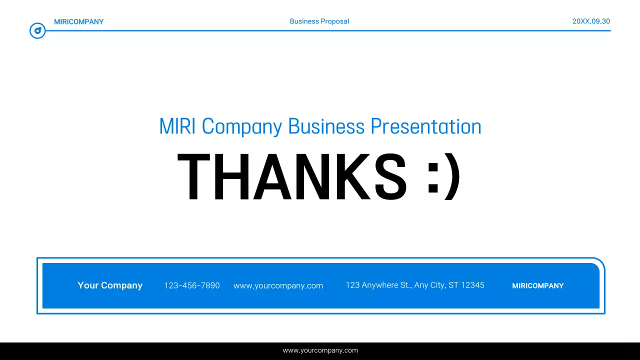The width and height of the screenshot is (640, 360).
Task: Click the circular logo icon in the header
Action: pyautogui.click(x=37, y=31)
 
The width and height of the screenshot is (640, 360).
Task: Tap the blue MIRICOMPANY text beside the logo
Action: pyautogui.click(x=78, y=22)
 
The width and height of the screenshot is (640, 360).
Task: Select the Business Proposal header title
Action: pyautogui.click(x=319, y=21)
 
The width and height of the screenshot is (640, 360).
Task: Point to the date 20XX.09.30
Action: pyautogui.click(x=591, y=21)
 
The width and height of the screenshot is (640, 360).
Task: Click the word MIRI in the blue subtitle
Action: pyautogui.click(x=177, y=126)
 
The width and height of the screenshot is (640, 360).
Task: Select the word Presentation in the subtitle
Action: pyautogui.click(x=425, y=126)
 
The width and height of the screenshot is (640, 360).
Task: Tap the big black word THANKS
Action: pyautogui.click(x=292, y=177)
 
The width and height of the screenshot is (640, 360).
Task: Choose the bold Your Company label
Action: pyautogui.click(x=110, y=285)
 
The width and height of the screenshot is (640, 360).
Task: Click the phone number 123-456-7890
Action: pyautogui.click(x=192, y=285)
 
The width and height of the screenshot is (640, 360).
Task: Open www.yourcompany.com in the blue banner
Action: pyautogui.click(x=278, y=286)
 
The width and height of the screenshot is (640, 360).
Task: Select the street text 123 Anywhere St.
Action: pyautogui.click(x=378, y=285)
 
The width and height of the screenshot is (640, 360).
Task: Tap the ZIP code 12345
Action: pyautogui.click(x=472, y=285)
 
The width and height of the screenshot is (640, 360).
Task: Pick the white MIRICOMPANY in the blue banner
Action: pyautogui.click(x=537, y=286)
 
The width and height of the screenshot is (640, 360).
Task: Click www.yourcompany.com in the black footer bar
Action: pyautogui.click(x=320, y=350)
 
